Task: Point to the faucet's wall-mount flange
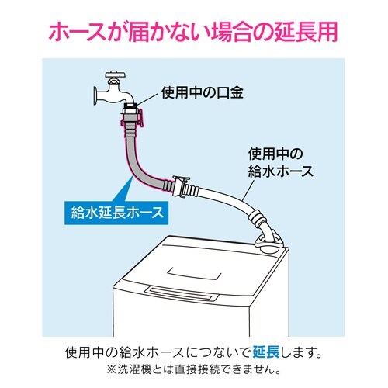pyautogui.click(x=92, y=97)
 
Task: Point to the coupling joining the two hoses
pyautogui.click(x=187, y=187)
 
